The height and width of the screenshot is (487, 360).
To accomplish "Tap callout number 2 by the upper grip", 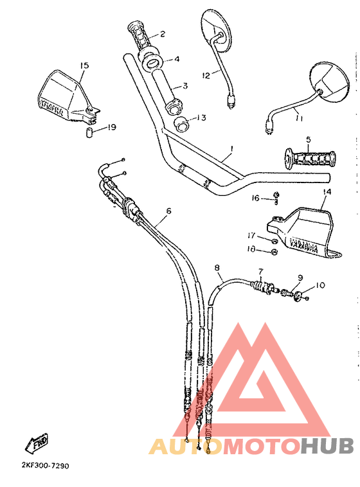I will [x=163, y=33].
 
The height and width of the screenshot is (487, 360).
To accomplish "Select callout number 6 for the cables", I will [x=168, y=210].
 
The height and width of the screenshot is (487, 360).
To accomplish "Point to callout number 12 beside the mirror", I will [x=206, y=75].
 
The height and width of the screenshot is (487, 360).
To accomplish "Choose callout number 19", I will [x=112, y=127].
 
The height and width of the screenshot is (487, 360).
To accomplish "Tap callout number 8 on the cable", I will [x=217, y=267].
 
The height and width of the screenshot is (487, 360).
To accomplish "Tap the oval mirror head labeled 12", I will [x=215, y=31].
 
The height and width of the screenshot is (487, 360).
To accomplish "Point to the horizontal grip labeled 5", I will [x=310, y=158].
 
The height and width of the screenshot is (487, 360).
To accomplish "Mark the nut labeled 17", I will [x=274, y=239].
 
